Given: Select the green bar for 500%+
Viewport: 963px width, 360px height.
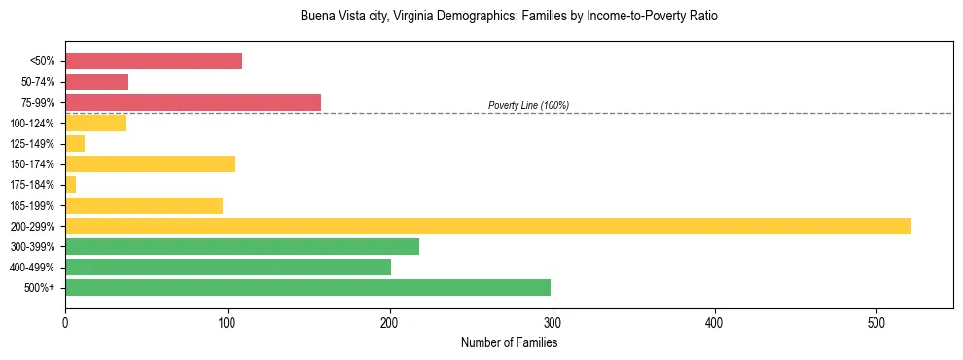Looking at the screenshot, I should [x=307, y=287].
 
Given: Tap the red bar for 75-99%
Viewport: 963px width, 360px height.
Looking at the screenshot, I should [x=193, y=102].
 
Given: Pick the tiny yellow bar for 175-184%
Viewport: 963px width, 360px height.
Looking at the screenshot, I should [x=70, y=184].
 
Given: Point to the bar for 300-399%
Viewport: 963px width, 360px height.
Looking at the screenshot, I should [x=242, y=246].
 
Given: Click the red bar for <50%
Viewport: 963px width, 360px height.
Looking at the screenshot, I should [x=154, y=61].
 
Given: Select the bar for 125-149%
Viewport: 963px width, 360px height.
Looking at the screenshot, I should [x=75, y=143].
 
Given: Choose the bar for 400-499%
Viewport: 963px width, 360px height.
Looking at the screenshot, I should [x=228, y=267].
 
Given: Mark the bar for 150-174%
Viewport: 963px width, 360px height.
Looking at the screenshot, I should [x=150, y=163].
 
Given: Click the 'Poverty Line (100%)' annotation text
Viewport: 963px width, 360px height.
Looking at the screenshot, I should [x=528, y=105].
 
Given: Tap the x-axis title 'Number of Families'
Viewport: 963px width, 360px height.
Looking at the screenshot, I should [x=509, y=342].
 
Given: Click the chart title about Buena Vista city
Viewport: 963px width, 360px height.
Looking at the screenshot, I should [x=509, y=17].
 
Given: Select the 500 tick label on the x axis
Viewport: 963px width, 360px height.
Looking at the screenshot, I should [x=877, y=322].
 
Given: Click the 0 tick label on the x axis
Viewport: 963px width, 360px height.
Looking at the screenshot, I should [x=65, y=322].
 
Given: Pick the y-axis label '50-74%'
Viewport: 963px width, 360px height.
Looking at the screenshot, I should [x=38, y=82].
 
